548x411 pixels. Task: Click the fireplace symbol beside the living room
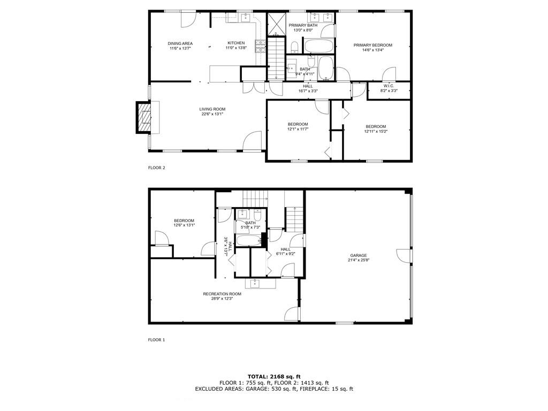[x=143, y=117]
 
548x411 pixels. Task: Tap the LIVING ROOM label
[x=212, y=109]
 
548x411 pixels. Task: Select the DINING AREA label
[x=180, y=44]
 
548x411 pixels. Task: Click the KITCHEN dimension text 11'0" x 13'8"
[x=236, y=48]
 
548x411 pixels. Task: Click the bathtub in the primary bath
[x=318, y=46]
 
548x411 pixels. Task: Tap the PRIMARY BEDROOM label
[x=372, y=45]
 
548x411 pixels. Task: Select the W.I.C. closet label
[x=389, y=86]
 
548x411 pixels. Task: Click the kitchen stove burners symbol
[x=261, y=47]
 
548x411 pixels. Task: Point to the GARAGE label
[x=359, y=255]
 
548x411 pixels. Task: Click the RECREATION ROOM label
[x=222, y=294]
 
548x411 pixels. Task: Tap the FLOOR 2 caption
[x=157, y=168]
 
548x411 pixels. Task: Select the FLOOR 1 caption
[x=156, y=340]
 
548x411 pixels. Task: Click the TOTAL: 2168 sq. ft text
[x=274, y=376]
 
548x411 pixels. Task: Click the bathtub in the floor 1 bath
[x=248, y=240]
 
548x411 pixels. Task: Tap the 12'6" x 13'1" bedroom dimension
[x=184, y=225]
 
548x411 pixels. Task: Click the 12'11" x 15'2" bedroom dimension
[x=376, y=132]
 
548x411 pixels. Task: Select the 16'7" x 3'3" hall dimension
[x=308, y=91]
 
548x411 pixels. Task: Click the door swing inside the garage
[x=404, y=256]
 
